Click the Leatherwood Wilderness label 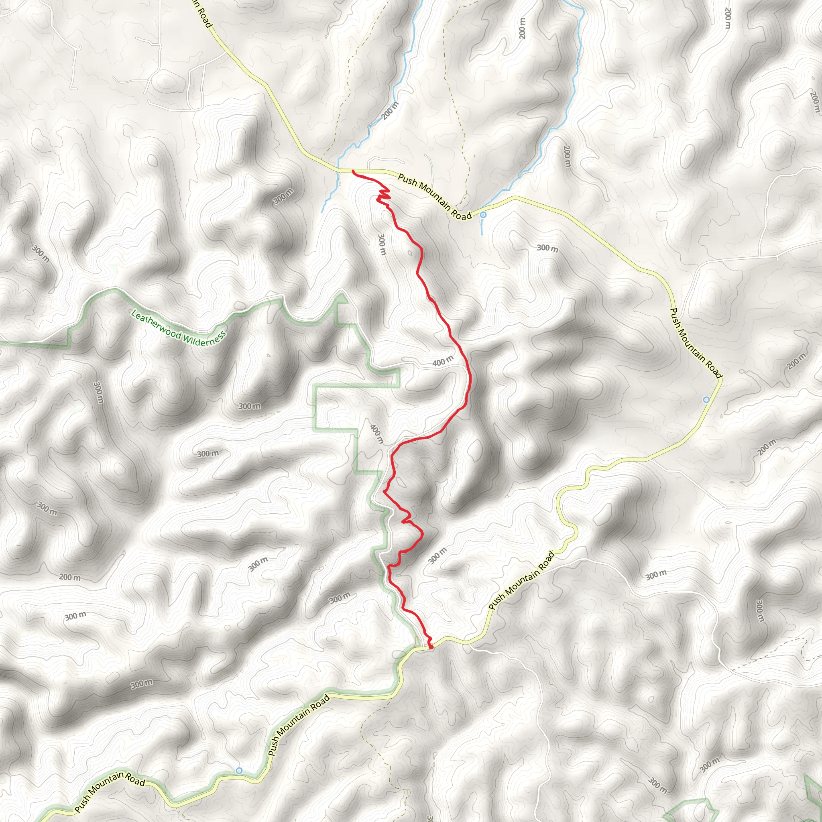pyautogui.click(x=178, y=328)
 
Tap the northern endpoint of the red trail pyautogui.click(x=353, y=171)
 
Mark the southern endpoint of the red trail pyautogui.click(x=431, y=647)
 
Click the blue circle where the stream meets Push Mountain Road pyautogui.click(x=483, y=215)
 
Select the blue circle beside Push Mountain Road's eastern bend pyautogui.click(x=706, y=399)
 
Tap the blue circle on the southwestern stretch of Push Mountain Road pyautogui.click(x=239, y=771)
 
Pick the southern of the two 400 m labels pyautogui.click(x=376, y=434)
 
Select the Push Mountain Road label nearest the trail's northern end pyautogui.click(x=435, y=197)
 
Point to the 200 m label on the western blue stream pyautogui.click(x=390, y=111)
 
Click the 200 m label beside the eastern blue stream pyautogui.click(x=567, y=157)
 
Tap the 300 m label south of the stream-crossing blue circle pyautogui.click(x=547, y=248)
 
